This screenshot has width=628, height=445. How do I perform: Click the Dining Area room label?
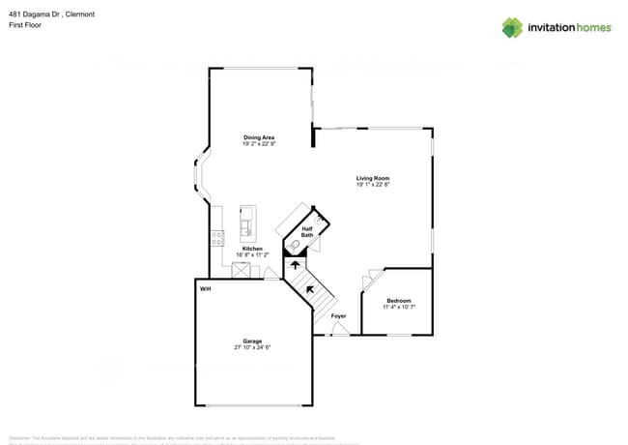click(259, 138)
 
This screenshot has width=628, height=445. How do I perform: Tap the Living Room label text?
click(373, 179)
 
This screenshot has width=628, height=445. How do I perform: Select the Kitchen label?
click(252, 249)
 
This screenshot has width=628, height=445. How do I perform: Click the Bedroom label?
click(399, 301)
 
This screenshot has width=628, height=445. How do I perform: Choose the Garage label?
click(252, 341)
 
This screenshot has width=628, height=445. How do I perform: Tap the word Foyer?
click(338, 316)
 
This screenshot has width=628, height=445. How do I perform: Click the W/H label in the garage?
click(205, 289)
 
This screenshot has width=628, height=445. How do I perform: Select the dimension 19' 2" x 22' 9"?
click(259, 144)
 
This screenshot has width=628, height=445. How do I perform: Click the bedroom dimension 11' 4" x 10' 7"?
click(399, 307)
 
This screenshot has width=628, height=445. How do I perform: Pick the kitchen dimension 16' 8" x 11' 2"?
click(252, 254)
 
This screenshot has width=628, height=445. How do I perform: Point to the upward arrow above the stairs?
click(297, 263)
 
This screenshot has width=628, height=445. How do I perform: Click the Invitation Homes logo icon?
click(512, 27)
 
